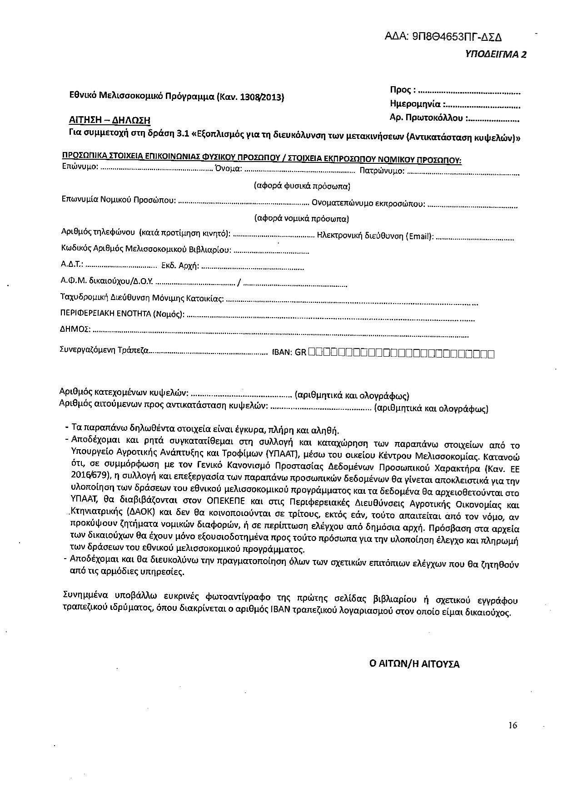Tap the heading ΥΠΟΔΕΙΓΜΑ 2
[496, 54]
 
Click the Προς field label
[402, 89]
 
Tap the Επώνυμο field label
[79, 167]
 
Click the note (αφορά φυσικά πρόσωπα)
[302, 186]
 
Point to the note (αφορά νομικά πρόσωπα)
[302, 218]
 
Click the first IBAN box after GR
[311, 353]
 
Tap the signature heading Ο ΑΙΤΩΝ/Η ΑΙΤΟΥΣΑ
[414, 664]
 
